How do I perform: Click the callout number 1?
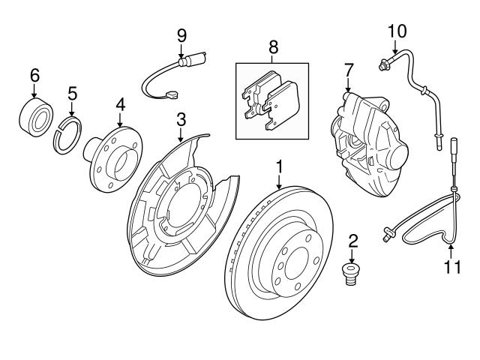[279, 163]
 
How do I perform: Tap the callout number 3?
[181, 120]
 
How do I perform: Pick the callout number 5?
[72, 93]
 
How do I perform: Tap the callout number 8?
[273, 46]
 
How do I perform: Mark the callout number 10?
[397, 30]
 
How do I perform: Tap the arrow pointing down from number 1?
[279, 180]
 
